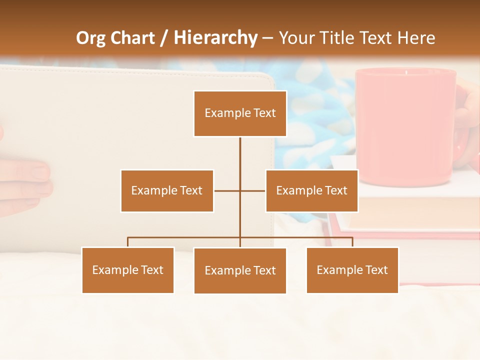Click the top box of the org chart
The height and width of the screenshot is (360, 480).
click(240, 113)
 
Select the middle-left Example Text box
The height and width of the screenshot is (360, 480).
click(167, 190)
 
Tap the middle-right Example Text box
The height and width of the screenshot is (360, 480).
click(311, 190)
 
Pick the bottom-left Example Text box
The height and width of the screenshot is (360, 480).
click(128, 270)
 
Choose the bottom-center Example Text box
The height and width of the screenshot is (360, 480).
click(240, 270)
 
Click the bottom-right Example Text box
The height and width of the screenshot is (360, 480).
click(352, 270)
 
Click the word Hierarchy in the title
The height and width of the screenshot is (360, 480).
click(215, 38)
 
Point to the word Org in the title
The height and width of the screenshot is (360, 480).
click(91, 38)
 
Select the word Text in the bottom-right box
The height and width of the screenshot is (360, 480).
click(376, 270)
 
